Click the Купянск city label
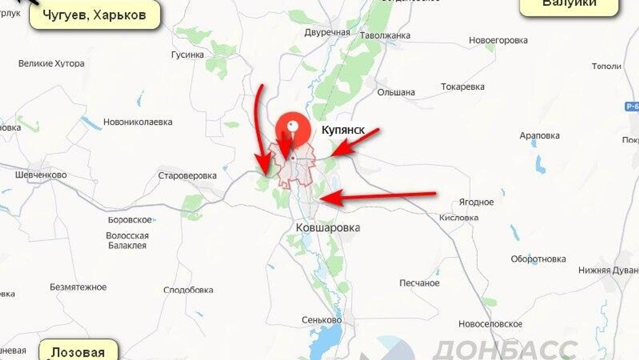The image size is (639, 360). [x=343, y=130]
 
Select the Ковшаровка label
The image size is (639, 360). [x=328, y=228]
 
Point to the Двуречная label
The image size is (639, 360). [x=327, y=33]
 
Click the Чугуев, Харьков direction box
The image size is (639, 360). [x=95, y=15]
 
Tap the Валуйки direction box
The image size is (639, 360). [x=569, y=5]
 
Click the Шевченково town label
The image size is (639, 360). [x=41, y=175]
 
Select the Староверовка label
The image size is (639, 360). [x=187, y=176]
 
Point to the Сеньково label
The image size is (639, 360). [x=321, y=320]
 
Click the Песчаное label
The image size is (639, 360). [x=419, y=283]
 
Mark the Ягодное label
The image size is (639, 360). [x=476, y=202]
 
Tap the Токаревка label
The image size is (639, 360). [x=463, y=87]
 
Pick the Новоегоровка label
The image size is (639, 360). [x=498, y=41]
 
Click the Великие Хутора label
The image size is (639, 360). [x=51, y=64]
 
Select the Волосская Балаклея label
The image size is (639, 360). [x=127, y=241]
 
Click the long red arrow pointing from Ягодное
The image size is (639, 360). [x=379, y=196]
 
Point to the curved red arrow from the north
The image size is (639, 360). [x=260, y=127]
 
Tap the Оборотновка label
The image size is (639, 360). [x=538, y=259]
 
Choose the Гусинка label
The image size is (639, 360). [x=187, y=55]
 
